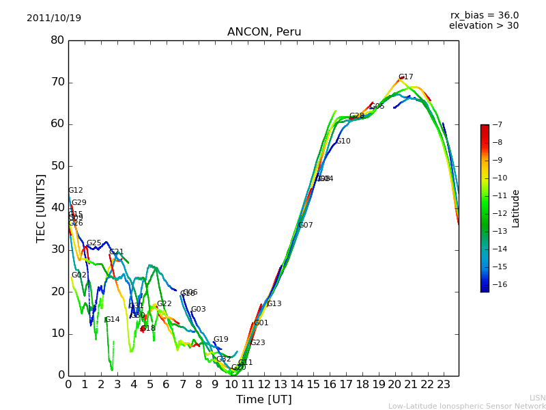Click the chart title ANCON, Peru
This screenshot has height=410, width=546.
point(264,32)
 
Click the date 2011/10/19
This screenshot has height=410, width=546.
point(54,18)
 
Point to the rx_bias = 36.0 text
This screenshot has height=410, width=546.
point(484,15)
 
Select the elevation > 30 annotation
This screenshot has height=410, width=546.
point(483,26)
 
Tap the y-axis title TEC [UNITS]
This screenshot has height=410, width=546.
point(41,208)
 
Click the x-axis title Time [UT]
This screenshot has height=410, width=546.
point(263,399)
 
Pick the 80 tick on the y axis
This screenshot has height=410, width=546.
point(57,40)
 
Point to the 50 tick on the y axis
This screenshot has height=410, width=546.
point(57,166)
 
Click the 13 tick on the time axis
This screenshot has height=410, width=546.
point(281,384)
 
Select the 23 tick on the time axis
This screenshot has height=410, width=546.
point(444,384)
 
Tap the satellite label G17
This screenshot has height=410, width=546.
point(405,77)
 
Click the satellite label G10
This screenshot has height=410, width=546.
point(343,141)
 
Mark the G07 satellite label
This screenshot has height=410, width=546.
point(305,225)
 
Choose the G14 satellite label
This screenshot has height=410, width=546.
point(112,320)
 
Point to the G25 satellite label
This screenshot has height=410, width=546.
point(94,243)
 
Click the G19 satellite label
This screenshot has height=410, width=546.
point(220,340)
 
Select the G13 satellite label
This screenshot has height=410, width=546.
point(274,304)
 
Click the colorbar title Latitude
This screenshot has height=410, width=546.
point(516,208)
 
